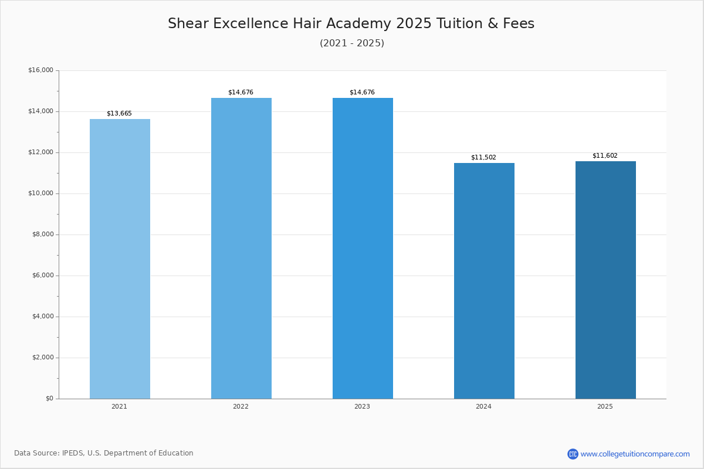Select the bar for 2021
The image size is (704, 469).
[x=120, y=259]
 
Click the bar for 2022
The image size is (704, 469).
[x=241, y=248]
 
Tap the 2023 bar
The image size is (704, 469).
[x=363, y=248]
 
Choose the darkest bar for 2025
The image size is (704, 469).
[x=605, y=280]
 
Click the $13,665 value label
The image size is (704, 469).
[x=119, y=114]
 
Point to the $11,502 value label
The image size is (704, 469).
[x=483, y=158]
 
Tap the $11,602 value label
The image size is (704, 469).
[x=605, y=156]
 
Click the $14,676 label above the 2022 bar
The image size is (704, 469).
[x=241, y=93]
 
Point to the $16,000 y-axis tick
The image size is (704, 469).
[x=40, y=70]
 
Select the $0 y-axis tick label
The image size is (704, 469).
[x=49, y=399]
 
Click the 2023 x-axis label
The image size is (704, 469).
[x=362, y=407]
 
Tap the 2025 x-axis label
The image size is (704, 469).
[x=605, y=407]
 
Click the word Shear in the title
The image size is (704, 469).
[x=188, y=24]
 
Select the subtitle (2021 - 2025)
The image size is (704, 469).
[x=352, y=43]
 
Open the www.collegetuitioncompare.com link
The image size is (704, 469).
[x=635, y=454]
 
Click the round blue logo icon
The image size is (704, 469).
[x=573, y=454]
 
